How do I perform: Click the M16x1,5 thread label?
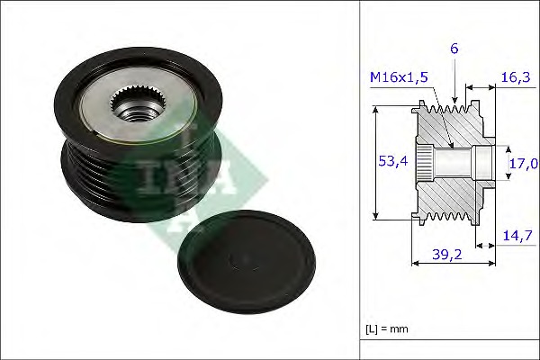(399, 77)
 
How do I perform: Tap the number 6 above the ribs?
(454, 49)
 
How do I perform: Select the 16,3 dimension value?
(516, 77)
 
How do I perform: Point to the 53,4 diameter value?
(392, 161)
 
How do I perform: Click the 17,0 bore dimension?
(524, 163)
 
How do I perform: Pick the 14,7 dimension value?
(517, 236)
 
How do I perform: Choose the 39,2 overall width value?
(447, 255)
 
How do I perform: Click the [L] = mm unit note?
(387, 329)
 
